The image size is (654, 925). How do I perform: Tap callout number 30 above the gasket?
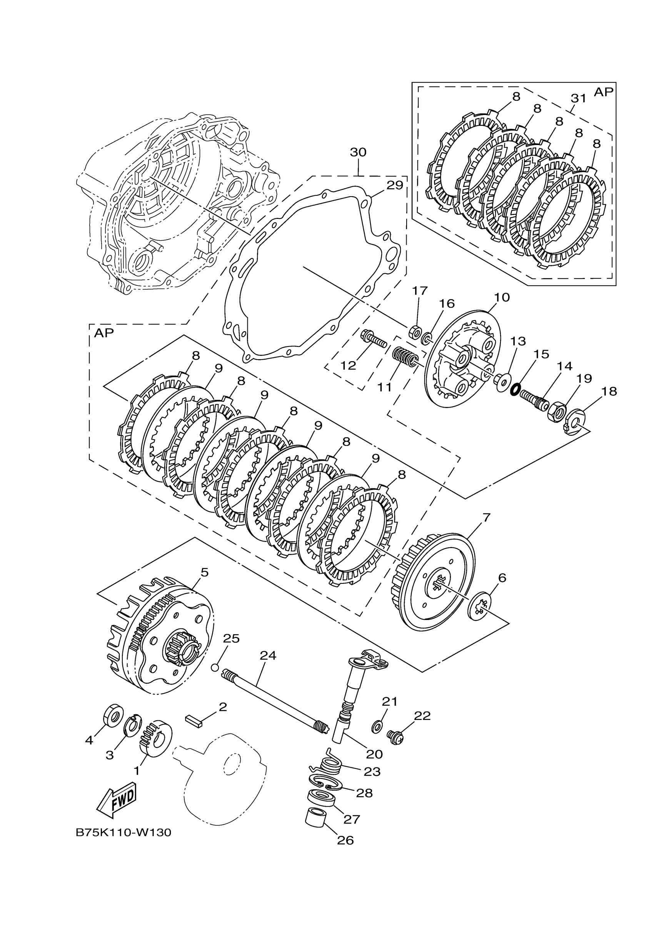click(x=358, y=152)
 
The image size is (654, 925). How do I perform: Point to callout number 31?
click(x=579, y=98)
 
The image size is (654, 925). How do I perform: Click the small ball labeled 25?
click(x=215, y=668)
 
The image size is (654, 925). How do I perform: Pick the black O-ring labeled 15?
click(x=514, y=390)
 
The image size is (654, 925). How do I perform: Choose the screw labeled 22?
click(x=394, y=736)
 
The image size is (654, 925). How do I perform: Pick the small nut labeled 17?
click(x=415, y=333)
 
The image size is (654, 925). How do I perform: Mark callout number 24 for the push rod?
click(x=268, y=655)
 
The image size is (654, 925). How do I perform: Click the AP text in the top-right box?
click(x=603, y=92)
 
